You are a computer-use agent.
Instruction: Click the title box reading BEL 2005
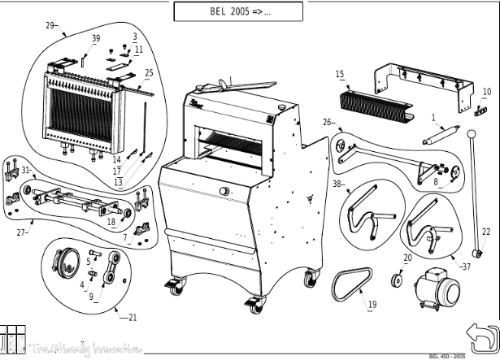(x=237, y=11)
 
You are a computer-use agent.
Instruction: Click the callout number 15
(x=340, y=74)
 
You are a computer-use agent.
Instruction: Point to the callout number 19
(x=372, y=305)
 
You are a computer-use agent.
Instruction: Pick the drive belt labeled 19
(x=351, y=285)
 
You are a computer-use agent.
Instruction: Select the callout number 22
(x=486, y=232)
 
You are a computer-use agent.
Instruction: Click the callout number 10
(x=487, y=91)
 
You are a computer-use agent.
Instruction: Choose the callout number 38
(x=337, y=184)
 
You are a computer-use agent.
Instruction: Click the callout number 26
(x=327, y=122)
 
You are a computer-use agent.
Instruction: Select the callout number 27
(x=22, y=232)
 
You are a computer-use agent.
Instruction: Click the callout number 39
(x=96, y=38)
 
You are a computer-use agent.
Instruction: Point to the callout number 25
(x=148, y=73)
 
